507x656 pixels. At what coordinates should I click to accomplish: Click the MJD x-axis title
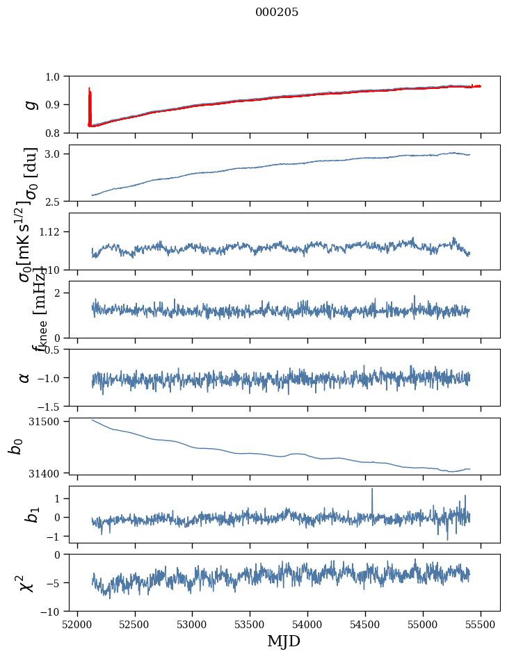coord(284,641)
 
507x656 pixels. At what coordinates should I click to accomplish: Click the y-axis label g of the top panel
coord(29,104)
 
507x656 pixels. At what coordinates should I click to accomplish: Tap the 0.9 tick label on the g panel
coord(54,104)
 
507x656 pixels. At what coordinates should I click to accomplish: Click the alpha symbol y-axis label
coord(25,377)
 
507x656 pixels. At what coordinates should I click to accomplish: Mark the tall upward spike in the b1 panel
coord(372,490)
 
